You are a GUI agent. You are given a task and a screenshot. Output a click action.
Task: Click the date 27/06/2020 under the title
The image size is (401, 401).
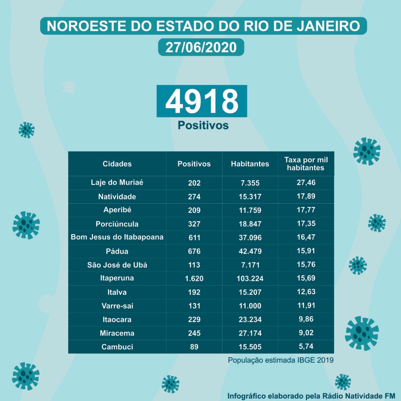click(201, 47)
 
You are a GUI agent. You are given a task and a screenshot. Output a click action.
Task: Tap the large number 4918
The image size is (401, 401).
click(202, 101)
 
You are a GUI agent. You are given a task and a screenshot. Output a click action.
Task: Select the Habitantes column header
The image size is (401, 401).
click(250, 164)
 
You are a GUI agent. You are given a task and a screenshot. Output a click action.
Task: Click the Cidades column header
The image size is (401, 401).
click(117, 164)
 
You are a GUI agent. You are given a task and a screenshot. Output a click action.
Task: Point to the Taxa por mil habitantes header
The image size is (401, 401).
click(306, 164)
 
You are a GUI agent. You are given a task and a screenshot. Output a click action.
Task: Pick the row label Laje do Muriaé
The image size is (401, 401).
click(117, 182)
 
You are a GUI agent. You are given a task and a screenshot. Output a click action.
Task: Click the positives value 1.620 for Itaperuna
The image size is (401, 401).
click(194, 278)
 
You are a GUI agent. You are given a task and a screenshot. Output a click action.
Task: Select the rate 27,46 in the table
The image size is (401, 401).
click(306, 182)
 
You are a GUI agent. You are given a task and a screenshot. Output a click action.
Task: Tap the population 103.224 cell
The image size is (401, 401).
click(250, 278)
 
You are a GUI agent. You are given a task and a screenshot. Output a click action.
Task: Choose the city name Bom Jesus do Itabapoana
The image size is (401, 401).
click(117, 237)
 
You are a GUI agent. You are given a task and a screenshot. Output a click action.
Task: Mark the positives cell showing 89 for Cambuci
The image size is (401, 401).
click(194, 347)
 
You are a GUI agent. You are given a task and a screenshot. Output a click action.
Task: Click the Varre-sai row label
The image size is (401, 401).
click(117, 305)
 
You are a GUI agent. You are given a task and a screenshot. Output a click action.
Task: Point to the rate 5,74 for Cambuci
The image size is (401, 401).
click(306, 347)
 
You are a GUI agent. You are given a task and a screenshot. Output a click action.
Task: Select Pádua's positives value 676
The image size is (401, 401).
click(194, 251)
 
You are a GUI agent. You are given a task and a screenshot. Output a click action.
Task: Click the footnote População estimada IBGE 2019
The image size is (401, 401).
click(281, 360)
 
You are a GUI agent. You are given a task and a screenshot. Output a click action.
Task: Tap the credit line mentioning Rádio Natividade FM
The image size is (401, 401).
click(311, 395)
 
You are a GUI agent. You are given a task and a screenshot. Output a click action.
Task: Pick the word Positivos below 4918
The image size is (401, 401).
click(203, 125)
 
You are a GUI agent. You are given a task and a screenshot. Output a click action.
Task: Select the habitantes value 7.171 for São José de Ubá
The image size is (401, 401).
click(250, 265)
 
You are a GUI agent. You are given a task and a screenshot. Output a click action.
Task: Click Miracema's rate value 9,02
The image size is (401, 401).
click(306, 333)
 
